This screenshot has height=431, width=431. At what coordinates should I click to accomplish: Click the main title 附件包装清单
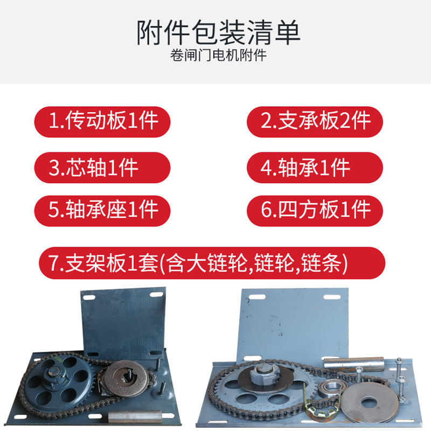[x=218, y=32]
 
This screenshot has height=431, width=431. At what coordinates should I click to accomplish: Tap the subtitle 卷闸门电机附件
[x=218, y=55]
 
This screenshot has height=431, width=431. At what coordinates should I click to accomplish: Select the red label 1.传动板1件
[x=102, y=122]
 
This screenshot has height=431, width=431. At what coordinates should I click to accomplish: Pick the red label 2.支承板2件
[x=315, y=122]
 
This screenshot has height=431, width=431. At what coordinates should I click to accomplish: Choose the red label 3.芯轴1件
[x=102, y=168]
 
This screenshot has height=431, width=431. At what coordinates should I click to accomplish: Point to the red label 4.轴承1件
[x=315, y=168]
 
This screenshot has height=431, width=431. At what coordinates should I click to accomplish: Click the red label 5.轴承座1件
[x=102, y=211]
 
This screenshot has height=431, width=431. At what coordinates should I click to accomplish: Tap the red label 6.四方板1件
[x=315, y=211]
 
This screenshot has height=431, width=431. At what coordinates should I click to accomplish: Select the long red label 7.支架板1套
[x=212, y=263]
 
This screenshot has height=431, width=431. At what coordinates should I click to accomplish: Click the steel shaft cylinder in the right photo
[x=353, y=363]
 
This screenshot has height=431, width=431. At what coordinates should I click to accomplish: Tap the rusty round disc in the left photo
[x=126, y=379]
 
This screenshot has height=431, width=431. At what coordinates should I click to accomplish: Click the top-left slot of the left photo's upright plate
[x=89, y=298]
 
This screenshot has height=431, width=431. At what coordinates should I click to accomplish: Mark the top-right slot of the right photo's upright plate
[x=332, y=297]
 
